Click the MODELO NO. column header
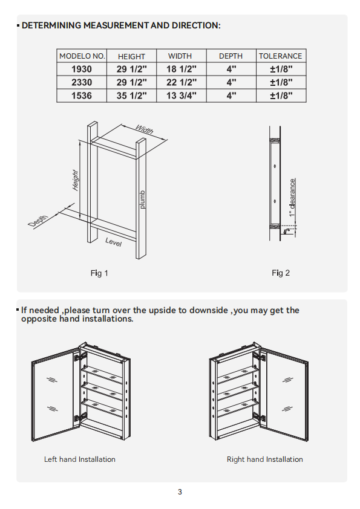(x=82, y=56)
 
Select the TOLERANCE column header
(x=280, y=56)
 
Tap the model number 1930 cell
(x=82, y=69)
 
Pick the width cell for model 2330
(x=182, y=82)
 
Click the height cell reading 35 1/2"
(x=131, y=96)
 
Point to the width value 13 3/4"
(x=182, y=96)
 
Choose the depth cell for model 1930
(x=231, y=69)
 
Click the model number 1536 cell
(x=82, y=96)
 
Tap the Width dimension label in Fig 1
(x=144, y=129)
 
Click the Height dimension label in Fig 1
(x=75, y=180)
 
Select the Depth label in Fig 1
(x=38, y=221)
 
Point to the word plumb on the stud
(x=142, y=199)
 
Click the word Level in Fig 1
(x=113, y=242)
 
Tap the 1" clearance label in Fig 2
(x=292, y=198)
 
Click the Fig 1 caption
(x=99, y=273)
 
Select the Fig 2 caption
(x=281, y=273)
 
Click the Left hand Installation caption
(x=80, y=459)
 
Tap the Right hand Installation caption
(x=265, y=459)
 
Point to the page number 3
(x=180, y=492)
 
